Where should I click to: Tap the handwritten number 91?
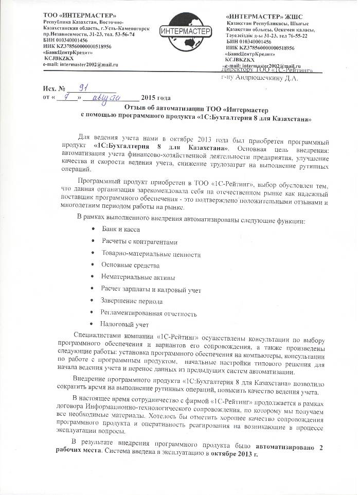coord(80,87)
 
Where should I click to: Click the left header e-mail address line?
coord(81,64)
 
